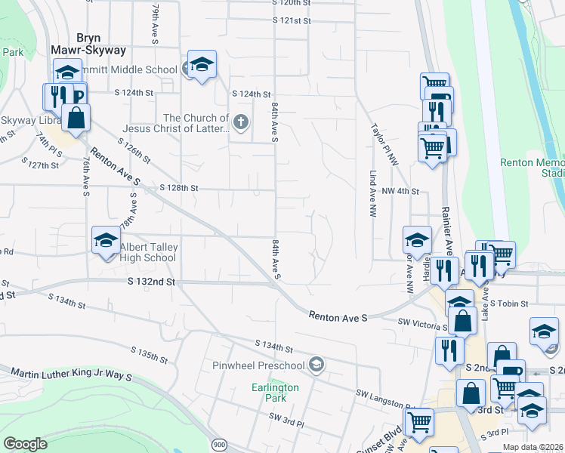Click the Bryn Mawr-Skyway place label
point(88,43)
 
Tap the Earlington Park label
point(275,392)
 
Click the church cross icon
point(241,122)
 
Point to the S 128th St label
point(179,187)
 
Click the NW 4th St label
point(400,192)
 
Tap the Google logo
point(26,444)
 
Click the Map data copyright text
point(533,447)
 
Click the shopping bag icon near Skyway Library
point(76,118)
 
